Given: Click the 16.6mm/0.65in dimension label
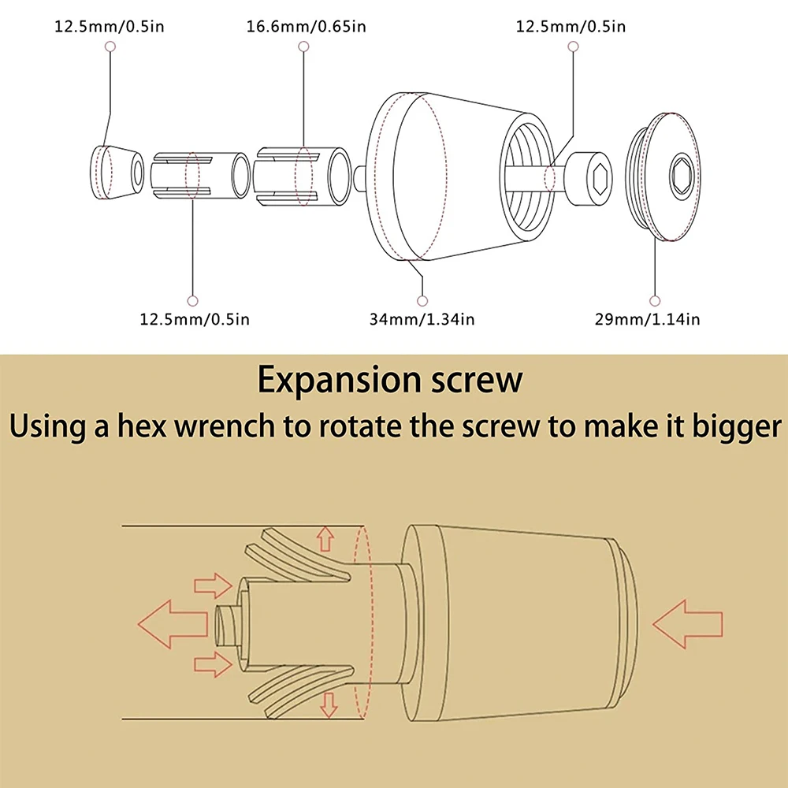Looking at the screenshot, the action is [x=306, y=26].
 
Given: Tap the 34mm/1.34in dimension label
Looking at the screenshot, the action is [x=422, y=319].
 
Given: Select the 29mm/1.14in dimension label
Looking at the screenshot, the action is [x=647, y=319].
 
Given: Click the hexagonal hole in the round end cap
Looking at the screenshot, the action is [x=682, y=176].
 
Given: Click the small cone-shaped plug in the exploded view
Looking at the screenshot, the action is [x=117, y=173].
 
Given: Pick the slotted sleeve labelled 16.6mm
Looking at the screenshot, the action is [x=302, y=176].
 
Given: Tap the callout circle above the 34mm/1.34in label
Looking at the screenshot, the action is [x=422, y=301].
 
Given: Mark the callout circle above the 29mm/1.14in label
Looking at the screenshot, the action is [x=654, y=301].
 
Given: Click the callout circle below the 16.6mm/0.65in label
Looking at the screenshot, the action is [x=303, y=46].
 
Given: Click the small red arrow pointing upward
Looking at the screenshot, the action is [x=325, y=538].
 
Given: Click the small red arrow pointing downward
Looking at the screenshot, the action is [x=329, y=705].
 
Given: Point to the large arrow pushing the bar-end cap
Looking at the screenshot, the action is [x=687, y=623].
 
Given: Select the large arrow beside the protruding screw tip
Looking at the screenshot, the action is [x=173, y=623].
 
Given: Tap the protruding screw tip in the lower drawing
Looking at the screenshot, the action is [x=227, y=624].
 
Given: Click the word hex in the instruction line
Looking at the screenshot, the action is [x=141, y=426].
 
